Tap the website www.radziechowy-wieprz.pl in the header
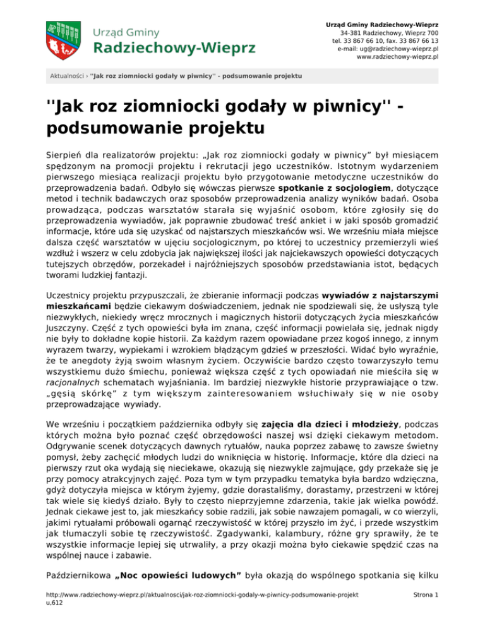pyautogui.click(x=398, y=56)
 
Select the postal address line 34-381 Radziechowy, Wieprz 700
pyautogui.click(x=390, y=32)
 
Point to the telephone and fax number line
pyautogui.click(x=385, y=40)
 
